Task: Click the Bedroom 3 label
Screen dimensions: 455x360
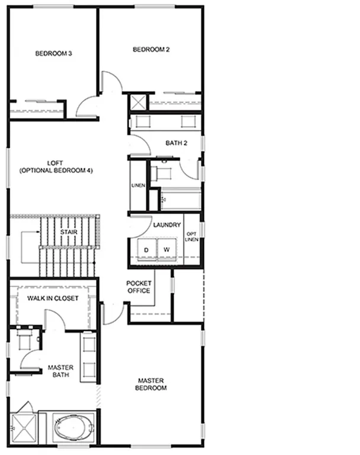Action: [x=53, y=53]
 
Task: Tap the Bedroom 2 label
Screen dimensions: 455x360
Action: [x=151, y=50]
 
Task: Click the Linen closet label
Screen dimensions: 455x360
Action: [x=138, y=186]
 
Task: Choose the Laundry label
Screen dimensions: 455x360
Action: [x=167, y=225]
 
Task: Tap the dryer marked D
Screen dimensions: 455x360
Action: [x=146, y=249]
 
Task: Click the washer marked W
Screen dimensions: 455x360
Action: [x=167, y=249]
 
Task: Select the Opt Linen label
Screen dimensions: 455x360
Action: [x=191, y=236]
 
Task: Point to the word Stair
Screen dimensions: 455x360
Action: [x=68, y=232]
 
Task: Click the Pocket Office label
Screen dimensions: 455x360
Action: [x=139, y=287]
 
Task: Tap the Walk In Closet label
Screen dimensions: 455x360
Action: [x=53, y=298]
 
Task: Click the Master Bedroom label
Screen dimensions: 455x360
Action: [x=152, y=384]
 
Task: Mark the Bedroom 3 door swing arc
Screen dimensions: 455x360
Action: [x=87, y=105]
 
